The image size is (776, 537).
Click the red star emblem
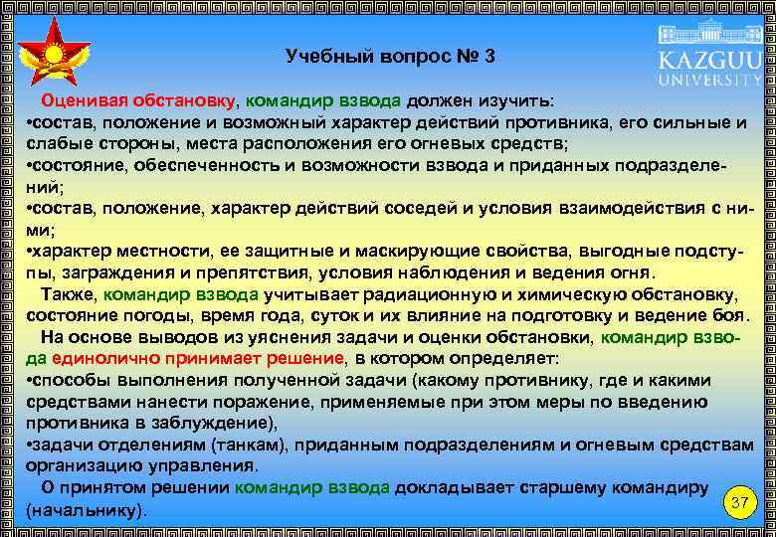point(55,54)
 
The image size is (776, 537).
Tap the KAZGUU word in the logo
point(708,59)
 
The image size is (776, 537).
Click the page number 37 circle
point(738,503)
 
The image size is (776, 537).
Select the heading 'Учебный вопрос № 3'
point(389,56)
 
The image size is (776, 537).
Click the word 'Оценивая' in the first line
point(84,101)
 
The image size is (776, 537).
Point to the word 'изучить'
point(520,101)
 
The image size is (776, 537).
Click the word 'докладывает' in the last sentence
point(462,487)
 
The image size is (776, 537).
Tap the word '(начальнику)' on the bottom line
point(85,510)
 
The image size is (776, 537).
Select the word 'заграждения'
point(113,273)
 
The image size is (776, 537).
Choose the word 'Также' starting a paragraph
point(69,294)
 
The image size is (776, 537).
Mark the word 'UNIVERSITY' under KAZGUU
point(708,80)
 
